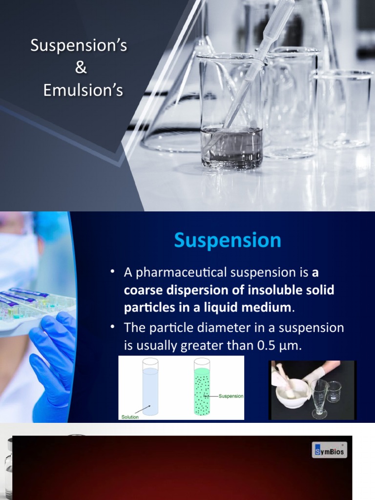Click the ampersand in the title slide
tap(81, 68)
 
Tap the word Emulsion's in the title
tap(83, 90)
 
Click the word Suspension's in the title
tap(79, 46)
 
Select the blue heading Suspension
tap(228, 240)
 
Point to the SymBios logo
tap(329, 450)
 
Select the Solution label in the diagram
tap(130, 417)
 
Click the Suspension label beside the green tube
tap(231, 396)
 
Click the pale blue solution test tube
tap(150, 388)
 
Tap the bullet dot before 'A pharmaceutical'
tap(113, 272)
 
